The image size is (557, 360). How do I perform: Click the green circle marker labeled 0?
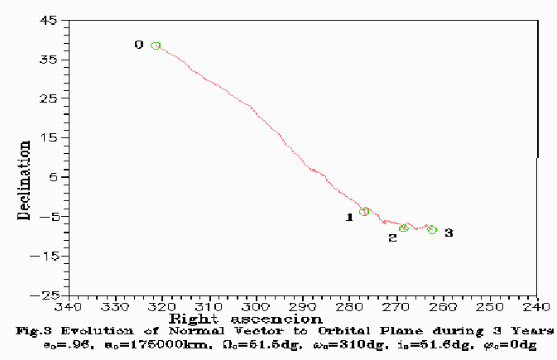(156, 46)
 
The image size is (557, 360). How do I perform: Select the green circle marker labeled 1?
(364, 212)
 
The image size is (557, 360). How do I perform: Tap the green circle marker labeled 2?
(404, 228)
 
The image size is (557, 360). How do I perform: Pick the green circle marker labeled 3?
(432, 230)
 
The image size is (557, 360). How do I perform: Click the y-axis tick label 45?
(48, 21)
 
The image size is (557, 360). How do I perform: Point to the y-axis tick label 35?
(48, 60)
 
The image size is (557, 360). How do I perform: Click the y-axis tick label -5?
(48, 217)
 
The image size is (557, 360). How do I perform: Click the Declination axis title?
(24, 180)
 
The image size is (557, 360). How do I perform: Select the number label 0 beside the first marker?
(138, 45)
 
